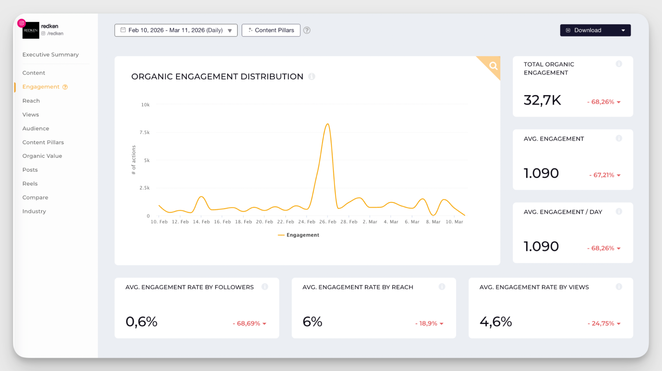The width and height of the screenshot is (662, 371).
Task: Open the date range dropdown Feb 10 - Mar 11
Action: (x=176, y=30)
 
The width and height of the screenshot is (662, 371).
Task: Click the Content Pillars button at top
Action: (x=271, y=30)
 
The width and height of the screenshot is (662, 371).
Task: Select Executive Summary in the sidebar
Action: (x=50, y=55)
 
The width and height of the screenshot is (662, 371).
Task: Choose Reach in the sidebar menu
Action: (x=31, y=101)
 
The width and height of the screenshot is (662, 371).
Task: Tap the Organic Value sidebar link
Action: (x=42, y=156)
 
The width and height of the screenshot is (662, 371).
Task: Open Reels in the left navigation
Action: (x=30, y=184)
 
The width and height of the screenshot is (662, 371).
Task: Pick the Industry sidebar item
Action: (x=34, y=211)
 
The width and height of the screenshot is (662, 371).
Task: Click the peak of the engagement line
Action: (x=328, y=124)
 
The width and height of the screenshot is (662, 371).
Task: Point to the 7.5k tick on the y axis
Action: (x=144, y=132)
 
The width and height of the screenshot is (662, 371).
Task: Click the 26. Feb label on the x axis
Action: (x=328, y=222)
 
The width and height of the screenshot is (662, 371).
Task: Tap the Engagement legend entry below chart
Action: (x=299, y=235)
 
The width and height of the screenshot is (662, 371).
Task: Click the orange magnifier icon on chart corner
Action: (x=493, y=66)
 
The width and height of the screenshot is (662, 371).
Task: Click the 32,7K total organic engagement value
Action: (x=542, y=100)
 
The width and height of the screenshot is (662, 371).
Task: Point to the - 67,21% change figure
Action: (x=601, y=175)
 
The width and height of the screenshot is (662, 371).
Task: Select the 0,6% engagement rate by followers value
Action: (x=141, y=321)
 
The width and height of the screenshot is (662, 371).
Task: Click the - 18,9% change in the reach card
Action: (x=426, y=323)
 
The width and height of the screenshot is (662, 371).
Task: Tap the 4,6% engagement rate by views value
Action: (x=495, y=321)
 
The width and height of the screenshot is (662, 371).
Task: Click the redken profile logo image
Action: (x=31, y=30)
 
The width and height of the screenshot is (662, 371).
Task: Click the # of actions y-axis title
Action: (x=133, y=160)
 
